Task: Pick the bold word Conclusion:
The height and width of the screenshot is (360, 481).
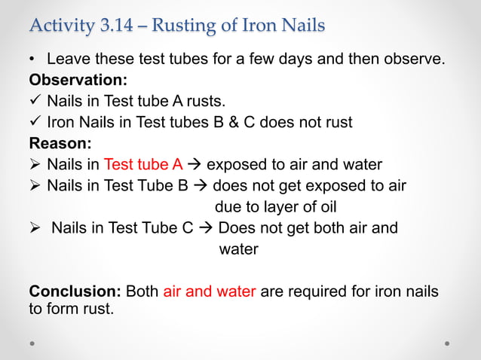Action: coord(75,291)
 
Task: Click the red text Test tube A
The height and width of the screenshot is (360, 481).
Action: coord(143,164)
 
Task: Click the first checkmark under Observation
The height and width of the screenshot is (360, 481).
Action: coord(35,100)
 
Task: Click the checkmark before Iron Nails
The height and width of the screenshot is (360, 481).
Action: coord(35,121)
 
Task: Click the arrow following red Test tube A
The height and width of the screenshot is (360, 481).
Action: coord(193,164)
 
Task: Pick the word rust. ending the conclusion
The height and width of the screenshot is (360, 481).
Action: coord(93,307)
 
